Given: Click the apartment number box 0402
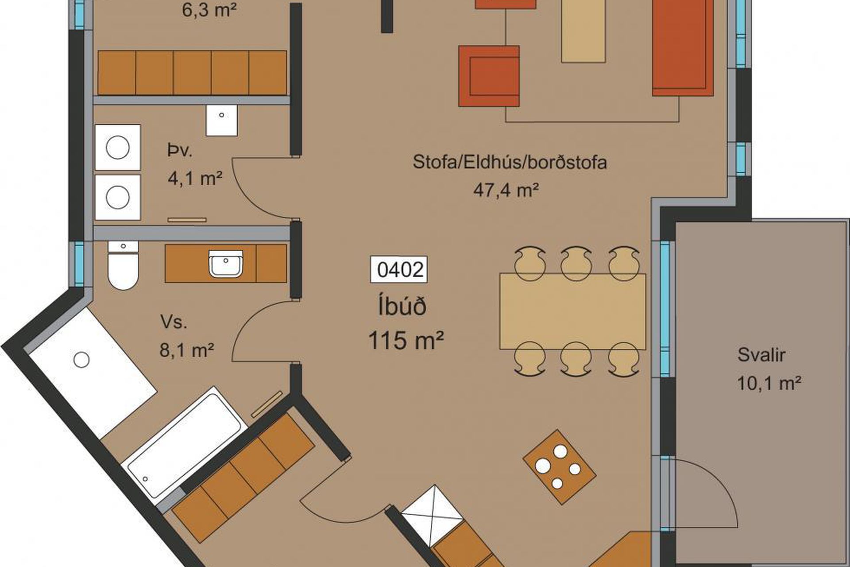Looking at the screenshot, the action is pos(398,269).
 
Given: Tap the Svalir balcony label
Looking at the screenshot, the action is pos(761,355).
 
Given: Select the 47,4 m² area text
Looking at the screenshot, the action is pos(506,190).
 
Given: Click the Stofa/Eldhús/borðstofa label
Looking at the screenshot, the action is pos(510,162).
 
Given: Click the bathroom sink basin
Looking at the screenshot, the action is pos(225,263).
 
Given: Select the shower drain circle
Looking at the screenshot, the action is pos(81,360).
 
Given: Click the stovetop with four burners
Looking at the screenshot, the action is pos(560,466).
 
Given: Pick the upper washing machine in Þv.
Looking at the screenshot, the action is pos(118,147).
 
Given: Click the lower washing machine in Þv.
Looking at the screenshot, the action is pos(118,198).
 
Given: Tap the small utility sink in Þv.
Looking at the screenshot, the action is pos(221,120).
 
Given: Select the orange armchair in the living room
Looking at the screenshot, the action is pos(489,76).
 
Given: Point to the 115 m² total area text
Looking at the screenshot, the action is pos(406,341).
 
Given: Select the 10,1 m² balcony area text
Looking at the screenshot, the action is pos(769,383).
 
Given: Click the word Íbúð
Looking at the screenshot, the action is pos(402,307).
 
